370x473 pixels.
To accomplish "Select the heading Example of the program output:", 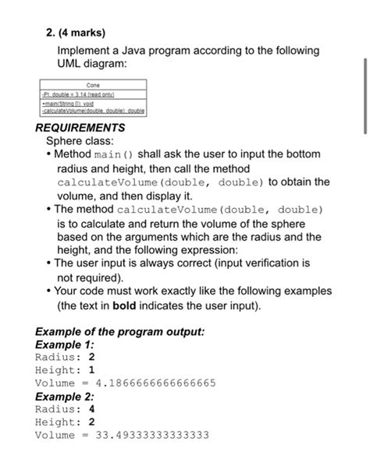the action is click(121, 331).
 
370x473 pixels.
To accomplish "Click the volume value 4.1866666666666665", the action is click(155, 383).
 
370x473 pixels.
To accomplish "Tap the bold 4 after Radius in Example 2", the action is click(92, 409).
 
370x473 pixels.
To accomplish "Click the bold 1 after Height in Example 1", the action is click(92, 370).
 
